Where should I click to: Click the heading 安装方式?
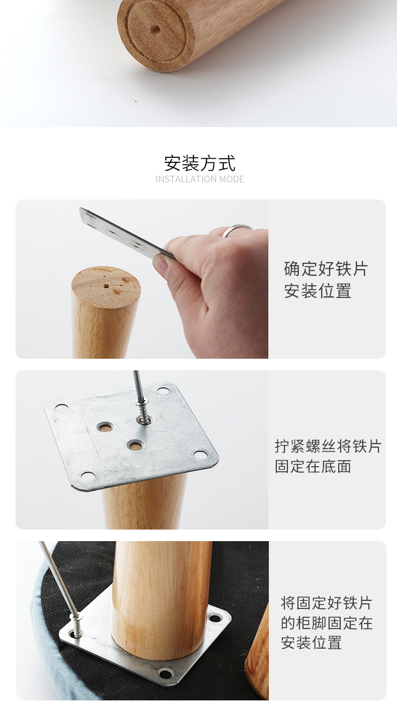click(200, 163)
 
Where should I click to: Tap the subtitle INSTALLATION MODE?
click(200, 179)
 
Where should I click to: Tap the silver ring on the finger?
click(236, 230)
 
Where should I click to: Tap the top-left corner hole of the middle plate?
click(61, 407)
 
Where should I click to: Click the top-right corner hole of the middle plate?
click(163, 391)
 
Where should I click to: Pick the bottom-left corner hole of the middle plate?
click(87, 476)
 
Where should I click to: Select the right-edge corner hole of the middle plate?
click(201, 455)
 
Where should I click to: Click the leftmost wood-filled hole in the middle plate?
click(105, 428)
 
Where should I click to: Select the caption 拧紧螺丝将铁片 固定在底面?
click(328, 456)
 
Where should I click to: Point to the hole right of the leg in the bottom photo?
click(214, 618)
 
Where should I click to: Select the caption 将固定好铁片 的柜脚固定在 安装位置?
click(327, 623)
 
